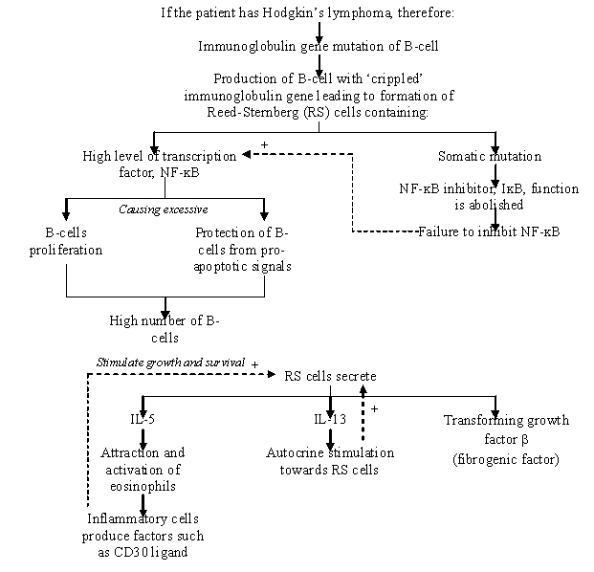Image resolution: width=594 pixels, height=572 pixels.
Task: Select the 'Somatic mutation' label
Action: (489, 156)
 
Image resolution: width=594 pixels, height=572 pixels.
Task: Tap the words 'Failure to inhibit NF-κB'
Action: (489, 231)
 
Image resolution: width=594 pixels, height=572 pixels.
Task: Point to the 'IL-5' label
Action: (143, 420)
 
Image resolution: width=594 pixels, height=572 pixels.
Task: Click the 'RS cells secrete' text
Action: (330, 375)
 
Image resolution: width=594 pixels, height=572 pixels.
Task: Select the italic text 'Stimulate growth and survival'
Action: (169, 363)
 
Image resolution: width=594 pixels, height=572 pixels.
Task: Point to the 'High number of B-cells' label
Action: (165, 329)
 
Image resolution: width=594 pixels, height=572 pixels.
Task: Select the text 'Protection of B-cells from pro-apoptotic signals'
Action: (243, 250)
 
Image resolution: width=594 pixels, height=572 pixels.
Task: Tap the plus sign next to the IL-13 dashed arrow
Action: (375, 408)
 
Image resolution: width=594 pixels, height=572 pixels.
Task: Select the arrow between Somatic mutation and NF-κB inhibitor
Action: (495, 174)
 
